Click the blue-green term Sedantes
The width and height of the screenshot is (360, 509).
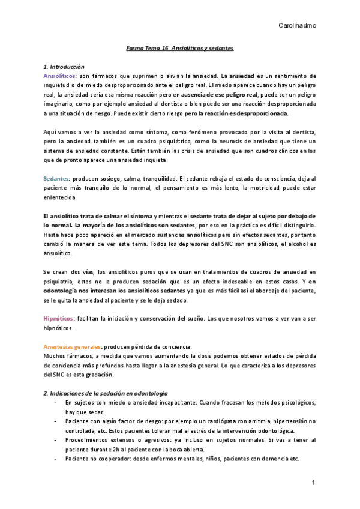pos(56,179)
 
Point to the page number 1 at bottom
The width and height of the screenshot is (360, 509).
pos(313,484)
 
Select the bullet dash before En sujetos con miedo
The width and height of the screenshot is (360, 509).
pos(55,402)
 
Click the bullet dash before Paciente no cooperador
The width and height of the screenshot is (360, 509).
pos(55,459)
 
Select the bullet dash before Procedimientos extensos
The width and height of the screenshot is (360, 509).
pos(55,440)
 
